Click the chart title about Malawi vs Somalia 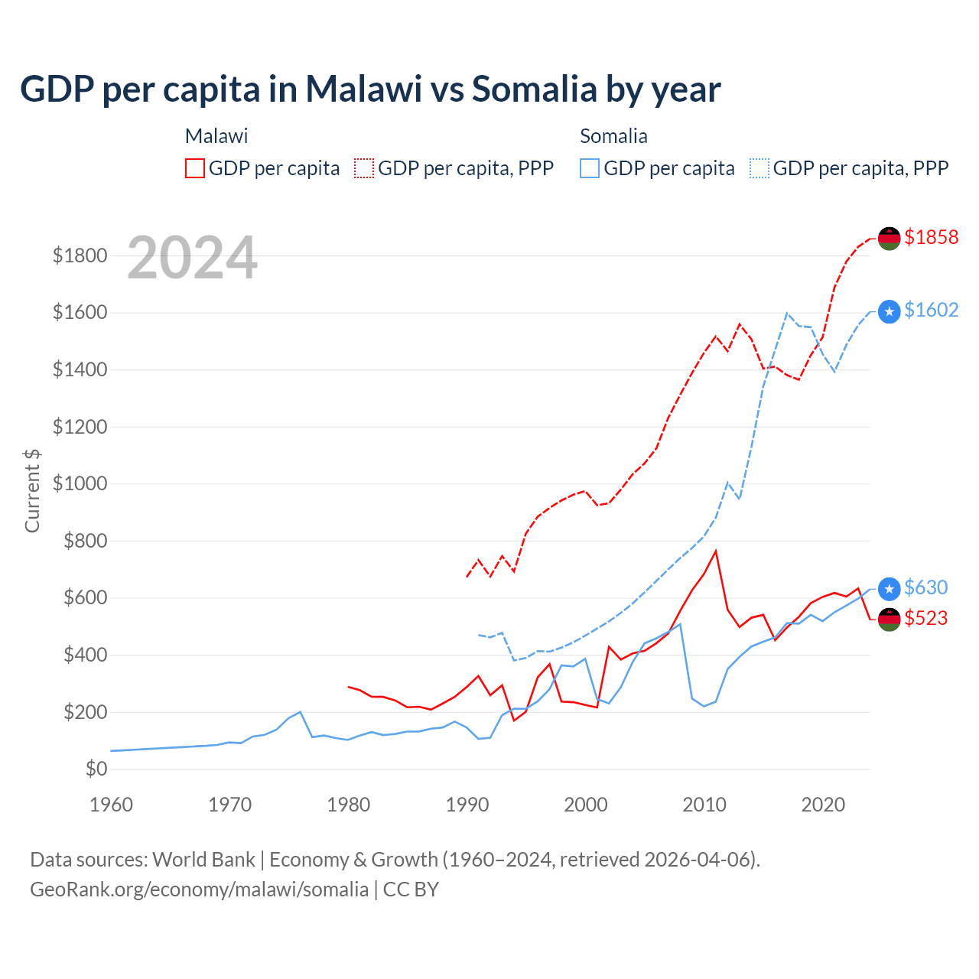tap(370, 89)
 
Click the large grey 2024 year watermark tap(192, 258)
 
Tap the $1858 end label tap(931, 237)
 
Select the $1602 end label tap(931, 310)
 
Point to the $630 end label tap(925, 587)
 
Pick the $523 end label tap(925, 618)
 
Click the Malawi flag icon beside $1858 tap(889, 238)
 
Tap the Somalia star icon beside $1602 tap(889, 311)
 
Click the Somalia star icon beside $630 tap(889, 588)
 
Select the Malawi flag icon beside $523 tap(889, 619)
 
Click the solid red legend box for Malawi tap(195, 168)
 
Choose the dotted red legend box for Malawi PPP tap(365, 168)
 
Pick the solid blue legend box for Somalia tap(590, 168)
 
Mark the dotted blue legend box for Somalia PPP tap(759, 168)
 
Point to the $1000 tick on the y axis tap(80, 484)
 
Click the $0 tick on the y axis tap(96, 769)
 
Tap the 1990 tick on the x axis tap(467, 805)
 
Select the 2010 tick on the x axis tap(704, 805)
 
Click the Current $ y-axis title tap(32, 490)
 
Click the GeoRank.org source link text tap(199, 890)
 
